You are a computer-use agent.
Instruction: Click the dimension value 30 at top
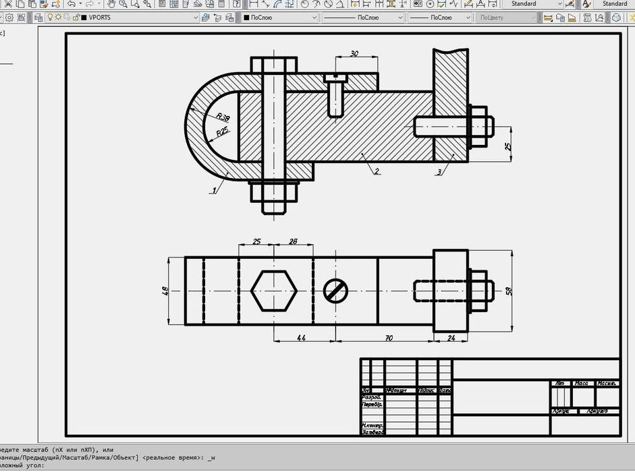tap(354, 54)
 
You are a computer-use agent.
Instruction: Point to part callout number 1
tap(214, 190)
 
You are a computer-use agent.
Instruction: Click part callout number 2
tap(377, 171)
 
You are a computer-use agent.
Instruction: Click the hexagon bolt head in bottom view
tap(273, 291)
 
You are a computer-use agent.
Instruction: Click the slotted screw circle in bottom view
tap(335, 291)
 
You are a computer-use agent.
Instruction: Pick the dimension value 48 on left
tap(165, 291)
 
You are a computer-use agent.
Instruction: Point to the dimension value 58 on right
tap(509, 291)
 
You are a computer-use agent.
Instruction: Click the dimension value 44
tap(301, 337)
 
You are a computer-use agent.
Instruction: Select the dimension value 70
tap(389, 337)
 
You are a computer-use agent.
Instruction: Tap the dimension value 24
tap(451, 337)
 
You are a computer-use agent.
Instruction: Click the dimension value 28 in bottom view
tap(293, 241)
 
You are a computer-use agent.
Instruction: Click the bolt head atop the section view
tap(273, 65)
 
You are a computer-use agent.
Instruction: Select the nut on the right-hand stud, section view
tap(478, 126)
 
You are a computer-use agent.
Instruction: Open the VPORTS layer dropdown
tap(142, 18)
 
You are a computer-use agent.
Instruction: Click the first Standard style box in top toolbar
tap(533, 4)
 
